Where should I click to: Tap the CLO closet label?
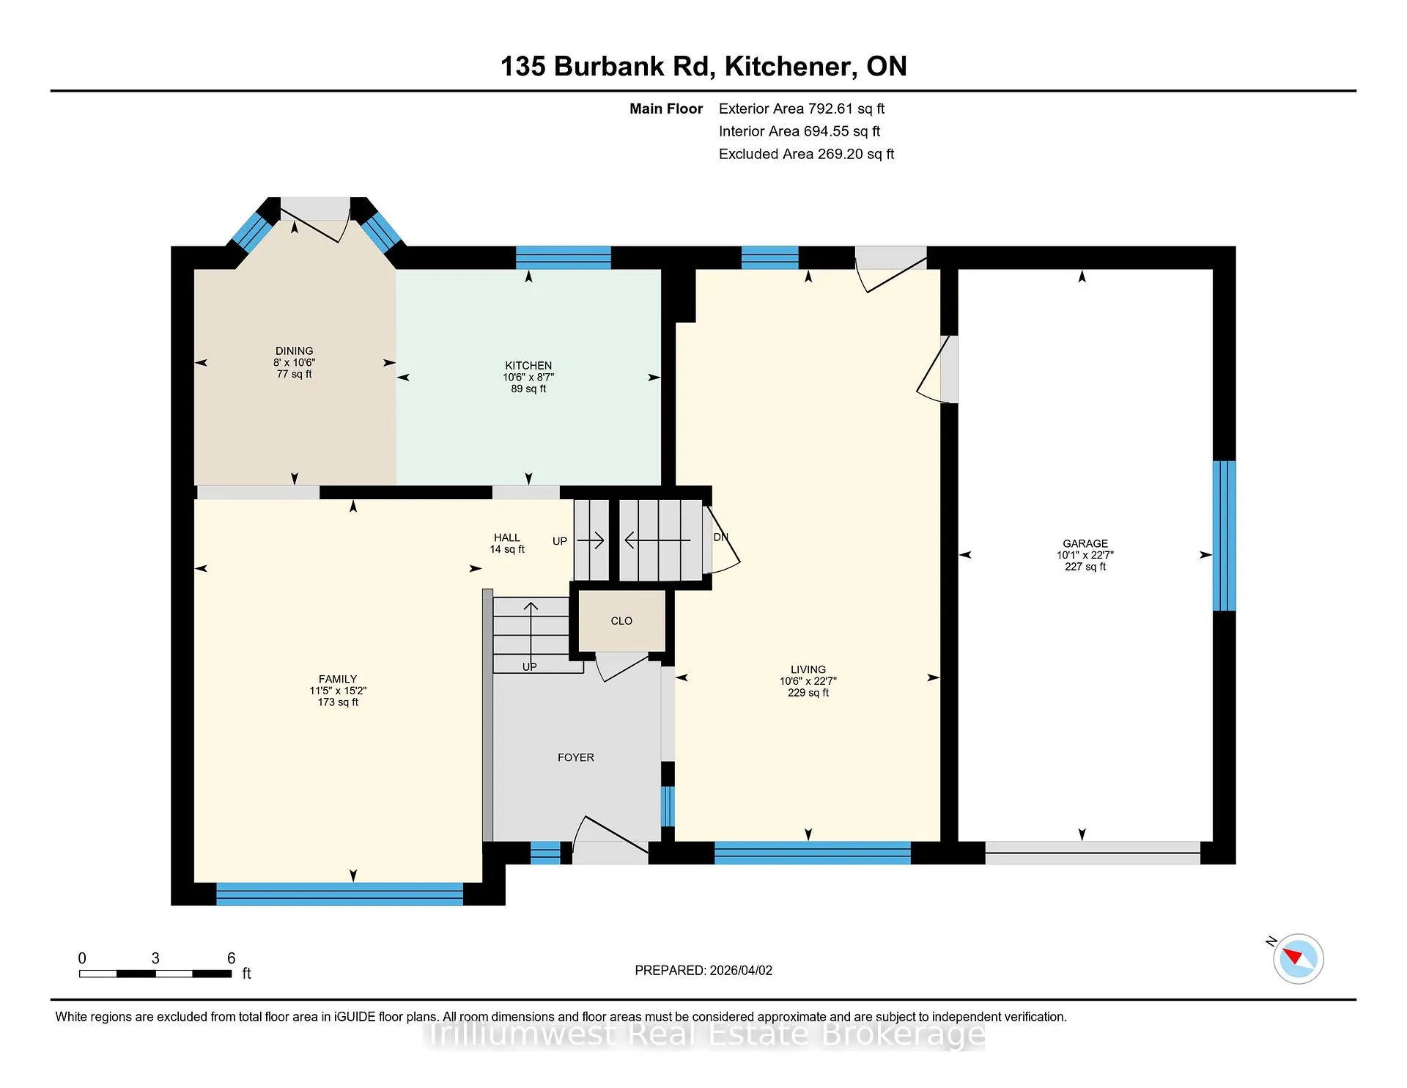tap(621, 621)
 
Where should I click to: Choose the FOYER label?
tap(576, 757)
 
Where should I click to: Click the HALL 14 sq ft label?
tap(507, 543)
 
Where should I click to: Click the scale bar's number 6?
tap(232, 958)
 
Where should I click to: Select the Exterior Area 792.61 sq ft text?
tap(802, 109)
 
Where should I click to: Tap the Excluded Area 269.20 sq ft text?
tap(806, 154)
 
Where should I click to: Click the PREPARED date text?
tap(703, 970)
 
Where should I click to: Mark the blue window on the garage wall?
tap(1224, 535)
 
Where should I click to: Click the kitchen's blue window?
tap(564, 258)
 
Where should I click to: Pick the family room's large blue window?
tap(339, 894)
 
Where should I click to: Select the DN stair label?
tap(721, 537)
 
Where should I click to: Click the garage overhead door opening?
tap(1093, 853)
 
